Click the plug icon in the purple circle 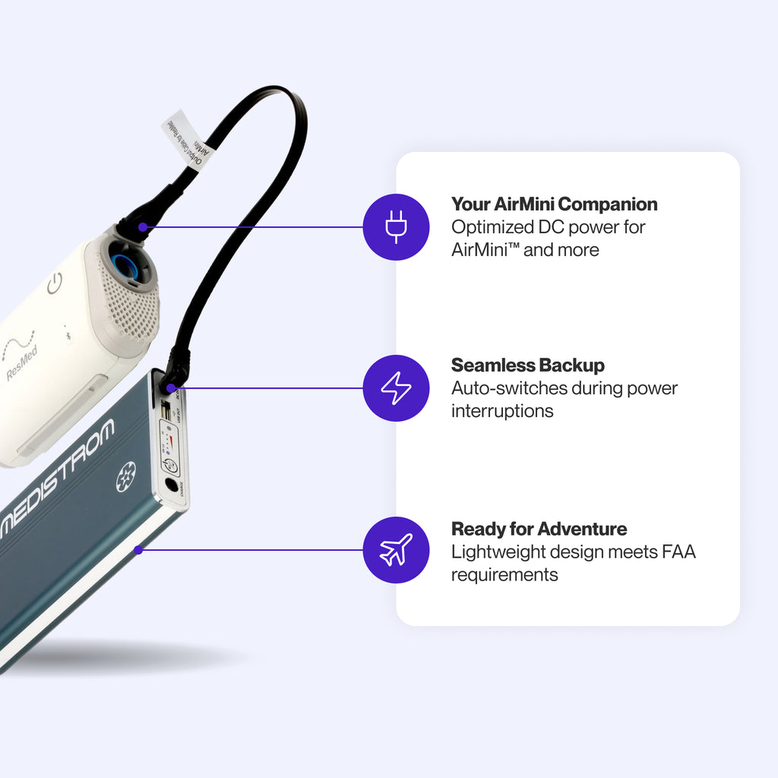[x=396, y=227]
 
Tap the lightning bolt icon [x=396, y=388]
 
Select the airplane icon [x=396, y=549]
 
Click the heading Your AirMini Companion [x=554, y=204]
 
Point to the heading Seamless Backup [x=527, y=365]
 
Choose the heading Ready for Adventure [x=539, y=529]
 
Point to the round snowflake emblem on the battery [x=126, y=476]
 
